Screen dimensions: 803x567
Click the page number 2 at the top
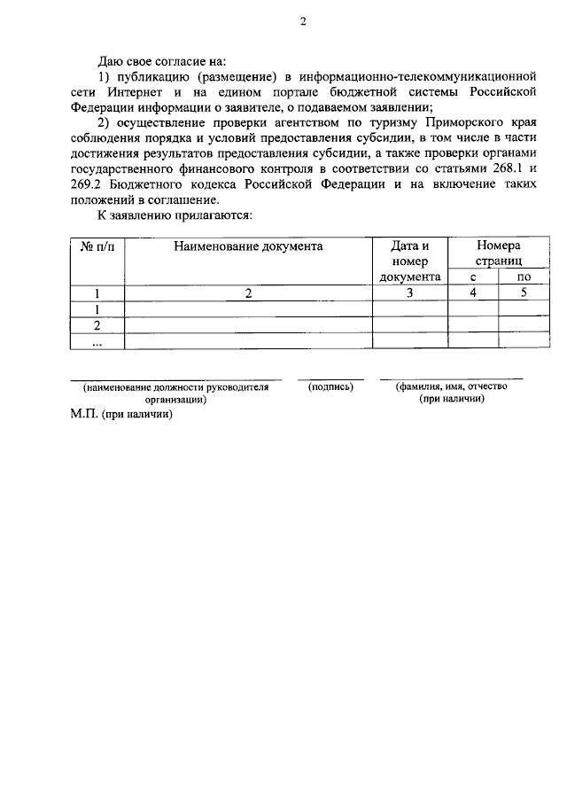(302, 23)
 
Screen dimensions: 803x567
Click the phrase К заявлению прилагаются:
(175, 214)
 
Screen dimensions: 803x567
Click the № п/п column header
(97, 246)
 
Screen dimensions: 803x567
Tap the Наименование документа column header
(247, 246)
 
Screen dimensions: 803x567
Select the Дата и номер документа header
(409, 261)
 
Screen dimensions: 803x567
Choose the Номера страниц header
(497, 253)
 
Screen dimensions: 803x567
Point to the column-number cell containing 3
(409, 293)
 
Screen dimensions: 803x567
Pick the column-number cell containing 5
(524, 293)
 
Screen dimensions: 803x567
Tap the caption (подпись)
(330, 387)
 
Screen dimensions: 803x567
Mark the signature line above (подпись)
(330, 379)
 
